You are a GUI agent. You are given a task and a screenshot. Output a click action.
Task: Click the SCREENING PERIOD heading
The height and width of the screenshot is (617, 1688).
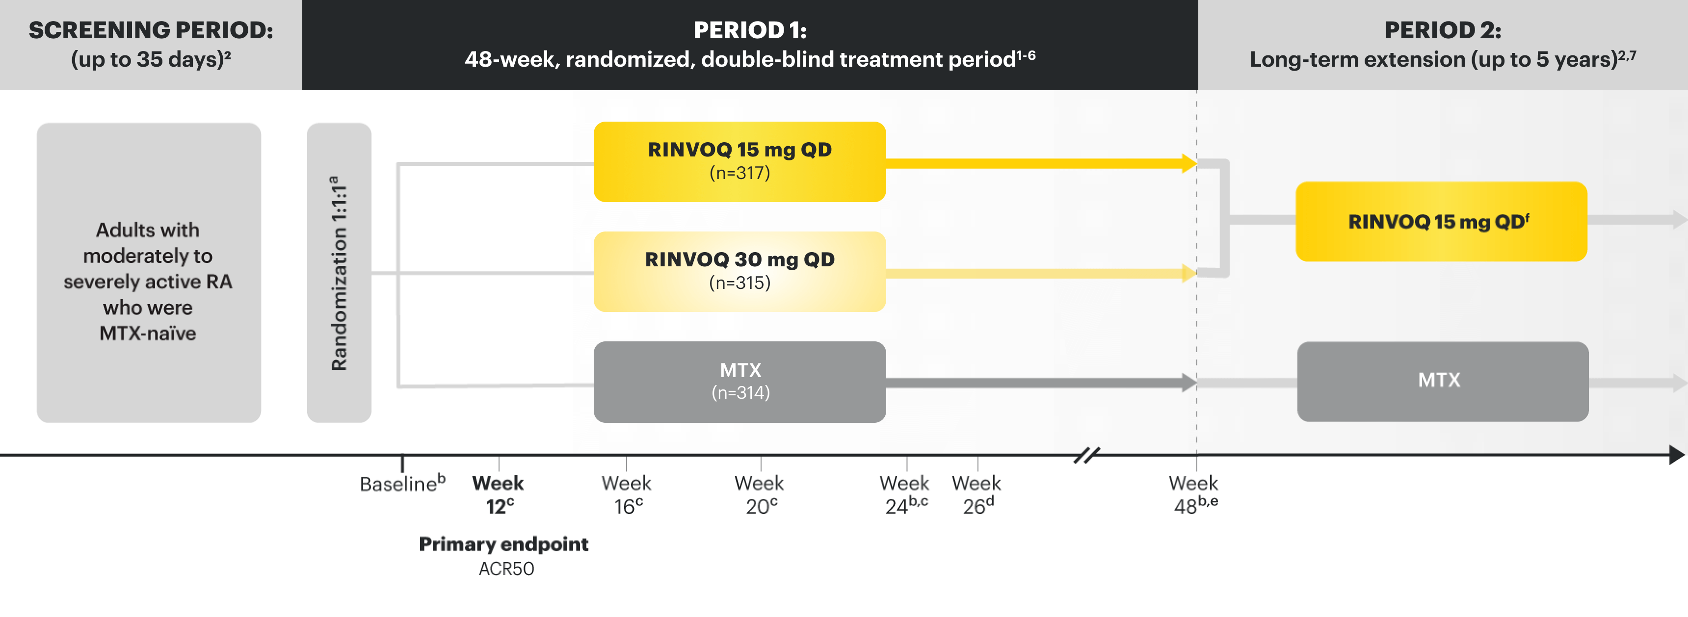[151, 30]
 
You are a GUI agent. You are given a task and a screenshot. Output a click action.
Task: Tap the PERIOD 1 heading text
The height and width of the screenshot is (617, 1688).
[750, 30]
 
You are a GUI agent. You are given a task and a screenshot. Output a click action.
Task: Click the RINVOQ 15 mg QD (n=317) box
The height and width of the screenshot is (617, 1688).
[740, 162]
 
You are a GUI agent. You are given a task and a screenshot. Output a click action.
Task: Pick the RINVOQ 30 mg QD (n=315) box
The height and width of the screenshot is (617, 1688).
[740, 272]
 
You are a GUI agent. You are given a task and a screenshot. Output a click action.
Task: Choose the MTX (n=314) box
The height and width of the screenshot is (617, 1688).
[740, 382]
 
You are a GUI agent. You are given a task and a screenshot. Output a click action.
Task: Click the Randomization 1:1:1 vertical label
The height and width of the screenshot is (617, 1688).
[339, 273]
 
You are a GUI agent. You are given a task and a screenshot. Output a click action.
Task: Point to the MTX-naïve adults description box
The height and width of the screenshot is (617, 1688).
[149, 273]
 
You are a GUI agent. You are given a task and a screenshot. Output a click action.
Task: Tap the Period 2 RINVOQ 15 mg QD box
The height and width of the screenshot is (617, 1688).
[1442, 221]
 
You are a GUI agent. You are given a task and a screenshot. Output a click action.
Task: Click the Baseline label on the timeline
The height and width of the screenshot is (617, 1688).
[402, 484]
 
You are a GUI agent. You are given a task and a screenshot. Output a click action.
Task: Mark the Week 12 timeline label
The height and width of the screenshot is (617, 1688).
[498, 494]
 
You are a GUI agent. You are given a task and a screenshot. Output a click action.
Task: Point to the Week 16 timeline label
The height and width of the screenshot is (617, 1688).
[627, 494]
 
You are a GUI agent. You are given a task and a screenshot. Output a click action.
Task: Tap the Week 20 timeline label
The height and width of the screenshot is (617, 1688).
[760, 494]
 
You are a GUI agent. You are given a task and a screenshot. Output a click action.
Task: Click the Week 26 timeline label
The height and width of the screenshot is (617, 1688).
[976, 494]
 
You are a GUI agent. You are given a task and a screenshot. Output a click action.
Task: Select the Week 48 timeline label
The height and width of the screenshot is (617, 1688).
[1194, 494]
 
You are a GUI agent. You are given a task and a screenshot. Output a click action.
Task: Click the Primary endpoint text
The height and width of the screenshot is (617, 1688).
[503, 544]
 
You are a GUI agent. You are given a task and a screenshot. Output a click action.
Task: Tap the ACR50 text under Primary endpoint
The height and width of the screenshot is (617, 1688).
[506, 568]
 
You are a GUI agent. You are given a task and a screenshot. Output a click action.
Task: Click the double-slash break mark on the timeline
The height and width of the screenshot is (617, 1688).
[1087, 455]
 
